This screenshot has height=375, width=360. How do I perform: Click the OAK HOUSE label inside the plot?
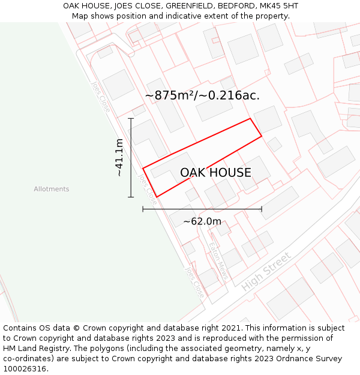tap(215, 173)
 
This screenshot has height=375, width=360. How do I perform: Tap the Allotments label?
tap(52, 189)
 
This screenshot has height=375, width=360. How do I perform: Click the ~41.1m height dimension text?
tap(119, 157)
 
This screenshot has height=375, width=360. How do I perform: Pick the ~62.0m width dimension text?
tap(202, 221)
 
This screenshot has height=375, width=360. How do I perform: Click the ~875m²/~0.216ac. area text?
tap(202, 95)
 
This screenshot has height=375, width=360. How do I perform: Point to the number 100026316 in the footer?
tap(24, 369)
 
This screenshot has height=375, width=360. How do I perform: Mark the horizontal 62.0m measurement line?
tap(202, 209)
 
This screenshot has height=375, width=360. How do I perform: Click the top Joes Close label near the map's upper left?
tap(100, 96)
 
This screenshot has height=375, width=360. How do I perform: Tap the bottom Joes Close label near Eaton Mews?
tap(194, 283)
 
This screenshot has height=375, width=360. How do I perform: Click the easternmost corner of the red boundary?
tap(262, 137)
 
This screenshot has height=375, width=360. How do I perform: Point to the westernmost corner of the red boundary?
tap(143, 168)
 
